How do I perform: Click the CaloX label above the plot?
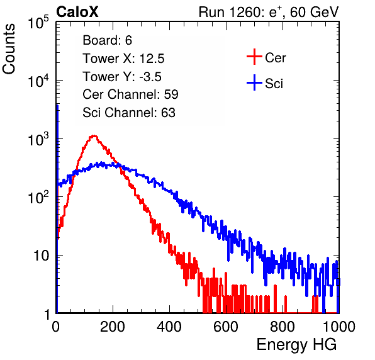[77, 12]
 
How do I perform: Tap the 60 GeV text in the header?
[314, 12]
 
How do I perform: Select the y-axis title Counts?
[9, 49]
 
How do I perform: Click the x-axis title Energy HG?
[296, 345]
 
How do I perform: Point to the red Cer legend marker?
[254, 57]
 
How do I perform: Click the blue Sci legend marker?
[254, 82]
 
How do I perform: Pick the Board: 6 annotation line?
[108, 40]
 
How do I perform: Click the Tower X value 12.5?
[152, 59]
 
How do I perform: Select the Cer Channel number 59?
[171, 94]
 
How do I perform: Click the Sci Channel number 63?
[168, 113]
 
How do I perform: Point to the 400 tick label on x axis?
[169, 327]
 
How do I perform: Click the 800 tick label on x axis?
[283, 327]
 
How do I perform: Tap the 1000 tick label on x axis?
[339, 327]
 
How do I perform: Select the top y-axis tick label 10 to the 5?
[38, 23]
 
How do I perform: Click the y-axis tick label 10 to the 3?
[38, 139]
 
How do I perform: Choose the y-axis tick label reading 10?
[41, 256]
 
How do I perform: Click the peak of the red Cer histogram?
[94, 136]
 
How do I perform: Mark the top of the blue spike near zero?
[57, 105]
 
